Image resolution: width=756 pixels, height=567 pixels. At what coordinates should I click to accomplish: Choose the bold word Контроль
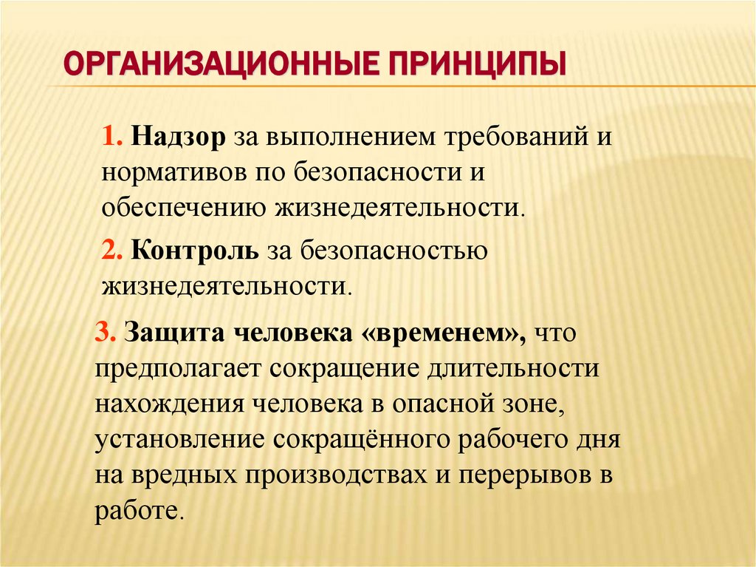[194, 250]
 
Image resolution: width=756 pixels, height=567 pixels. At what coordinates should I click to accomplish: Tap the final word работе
[139, 510]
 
